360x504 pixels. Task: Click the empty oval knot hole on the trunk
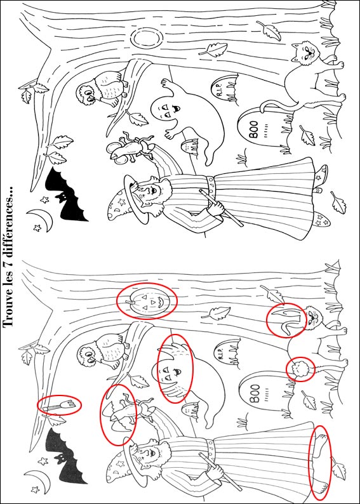click(146, 38)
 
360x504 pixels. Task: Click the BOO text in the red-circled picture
click(255, 394)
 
